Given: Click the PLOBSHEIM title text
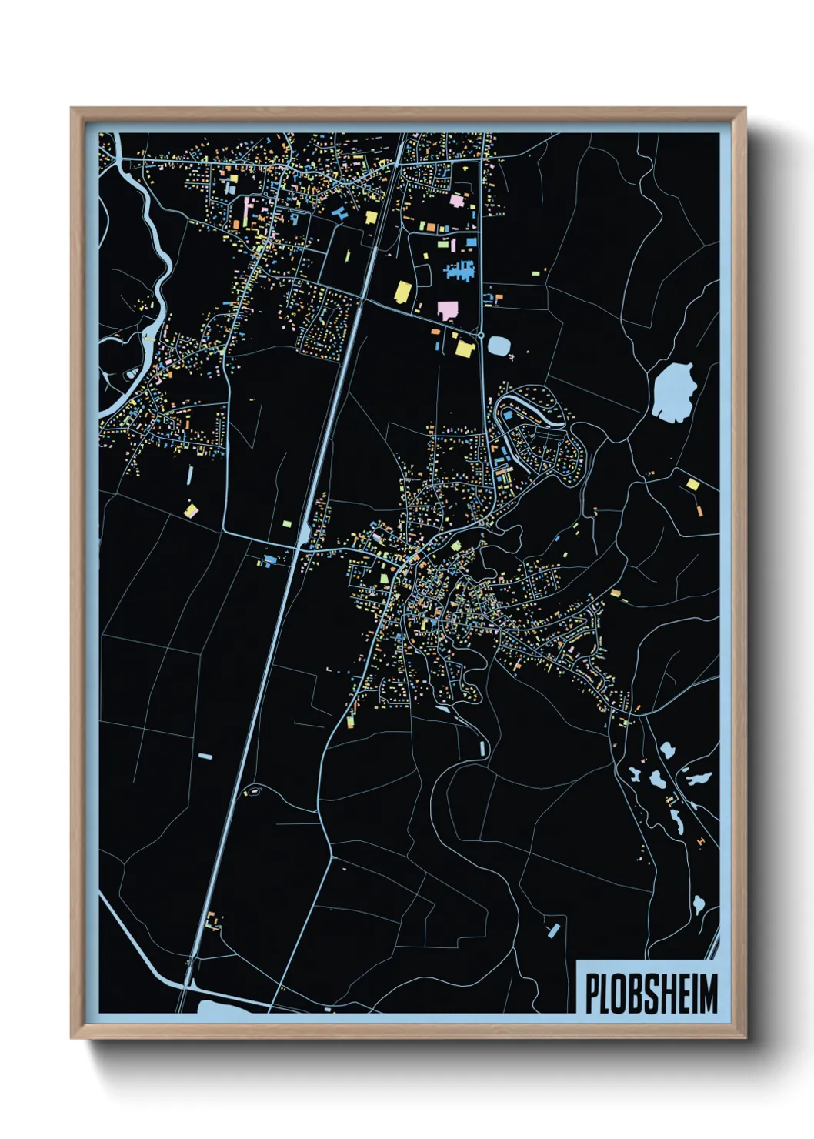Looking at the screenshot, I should pyautogui.click(x=651, y=994).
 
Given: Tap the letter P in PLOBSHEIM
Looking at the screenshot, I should pyautogui.click(x=593, y=994).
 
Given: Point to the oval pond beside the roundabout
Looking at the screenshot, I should pyautogui.click(x=499, y=346).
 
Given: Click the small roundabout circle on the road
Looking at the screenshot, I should pyautogui.click(x=481, y=336).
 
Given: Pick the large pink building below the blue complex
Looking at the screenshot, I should pyautogui.click(x=447, y=310).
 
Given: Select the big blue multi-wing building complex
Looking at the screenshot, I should pyautogui.click(x=460, y=270).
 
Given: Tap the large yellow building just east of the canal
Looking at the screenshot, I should pyautogui.click(x=403, y=292).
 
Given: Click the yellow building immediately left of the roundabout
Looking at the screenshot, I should pyautogui.click(x=464, y=349).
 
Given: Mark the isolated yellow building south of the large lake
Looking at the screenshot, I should pyautogui.click(x=692, y=484).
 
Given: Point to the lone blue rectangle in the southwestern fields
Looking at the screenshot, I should pyautogui.click(x=205, y=757).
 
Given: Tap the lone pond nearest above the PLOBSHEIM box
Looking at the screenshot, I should pyautogui.click(x=699, y=903).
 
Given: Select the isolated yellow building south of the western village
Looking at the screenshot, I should pyautogui.click(x=191, y=509).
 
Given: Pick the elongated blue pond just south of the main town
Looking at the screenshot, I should pyautogui.click(x=482, y=748).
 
